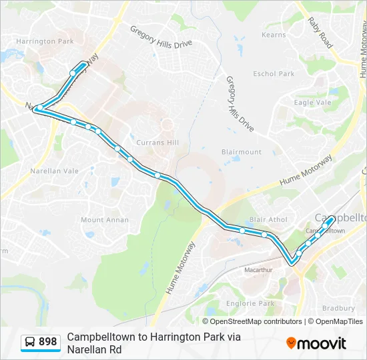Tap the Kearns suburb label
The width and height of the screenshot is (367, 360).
click(274, 35)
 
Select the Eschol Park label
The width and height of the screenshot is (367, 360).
click(274, 74)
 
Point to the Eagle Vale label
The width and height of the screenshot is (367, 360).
click(312, 103)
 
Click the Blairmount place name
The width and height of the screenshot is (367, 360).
click(241, 152)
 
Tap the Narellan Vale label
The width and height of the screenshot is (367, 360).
click(55, 171)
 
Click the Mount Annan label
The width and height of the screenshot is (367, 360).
click(101, 220)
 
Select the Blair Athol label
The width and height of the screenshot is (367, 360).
click(268, 219)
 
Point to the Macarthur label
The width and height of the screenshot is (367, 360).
click(258, 270)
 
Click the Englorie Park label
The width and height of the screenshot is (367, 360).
click(249, 303)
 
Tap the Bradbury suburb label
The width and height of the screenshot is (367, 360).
click(338, 308)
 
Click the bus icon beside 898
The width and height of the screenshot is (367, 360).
click(30, 342)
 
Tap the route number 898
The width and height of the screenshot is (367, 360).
click(48, 342)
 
